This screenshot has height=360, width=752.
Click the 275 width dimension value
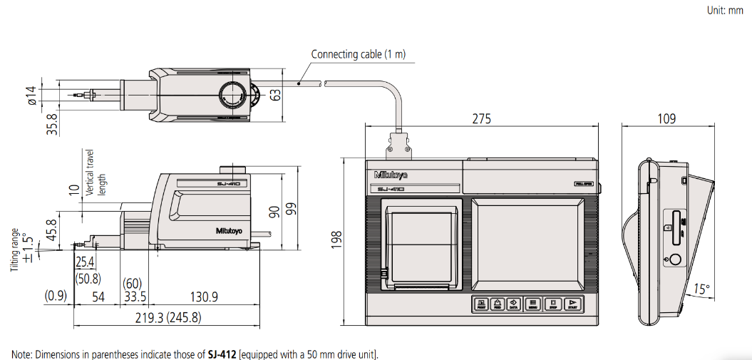coord(482,119)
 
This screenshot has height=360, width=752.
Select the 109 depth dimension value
coord(666,119)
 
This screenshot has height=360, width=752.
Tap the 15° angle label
coord(702,289)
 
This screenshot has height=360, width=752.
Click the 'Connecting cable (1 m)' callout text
coord(358,54)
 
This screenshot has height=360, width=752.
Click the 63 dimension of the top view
coord(275,94)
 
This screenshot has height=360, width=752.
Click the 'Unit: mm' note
coord(725,11)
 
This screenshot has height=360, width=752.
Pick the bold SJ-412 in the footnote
coord(223,354)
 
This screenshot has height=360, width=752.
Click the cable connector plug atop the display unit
coord(397,146)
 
